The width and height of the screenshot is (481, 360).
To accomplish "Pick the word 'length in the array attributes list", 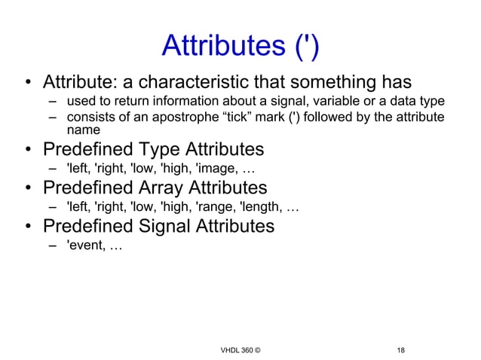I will (261, 206).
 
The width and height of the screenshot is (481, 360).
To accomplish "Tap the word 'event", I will (84, 245).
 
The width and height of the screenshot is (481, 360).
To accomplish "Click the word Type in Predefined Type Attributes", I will (160, 148).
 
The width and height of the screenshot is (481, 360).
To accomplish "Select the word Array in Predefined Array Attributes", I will (166, 187).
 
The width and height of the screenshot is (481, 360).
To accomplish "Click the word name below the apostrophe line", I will (83, 130).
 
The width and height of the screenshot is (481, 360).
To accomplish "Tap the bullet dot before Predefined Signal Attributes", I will (27, 227).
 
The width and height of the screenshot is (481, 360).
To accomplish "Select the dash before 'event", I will (54, 245).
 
